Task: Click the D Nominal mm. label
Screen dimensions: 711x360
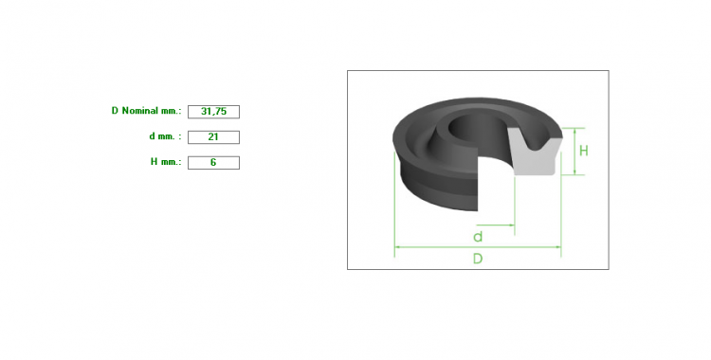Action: click(x=146, y=111)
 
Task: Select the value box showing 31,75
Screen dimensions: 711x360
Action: click(x=213, y=112)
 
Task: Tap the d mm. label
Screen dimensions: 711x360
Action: click(x=165, y=136)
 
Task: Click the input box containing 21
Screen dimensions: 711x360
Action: click(x=213, y=137)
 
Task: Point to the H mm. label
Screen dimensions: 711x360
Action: click(x=166, y=162)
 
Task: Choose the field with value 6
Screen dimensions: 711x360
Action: click(x=213, y=163)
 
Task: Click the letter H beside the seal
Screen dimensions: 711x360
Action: click(x=584, y=151)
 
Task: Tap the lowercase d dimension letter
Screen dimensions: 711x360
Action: click(x=478, y=237)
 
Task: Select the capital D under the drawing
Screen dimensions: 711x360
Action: click(x=478, y=259)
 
